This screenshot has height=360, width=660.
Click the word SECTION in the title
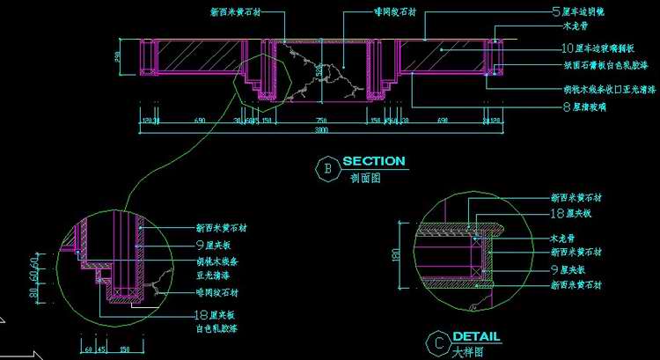pos(374,162)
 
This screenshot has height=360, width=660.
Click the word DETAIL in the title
pos(476,336)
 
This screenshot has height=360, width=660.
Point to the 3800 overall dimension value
pos(322,130)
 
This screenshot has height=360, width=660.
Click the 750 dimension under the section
pos(321,120)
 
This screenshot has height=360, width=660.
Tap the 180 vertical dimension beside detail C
pos(395,254)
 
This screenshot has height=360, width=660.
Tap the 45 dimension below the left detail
pos(102,349)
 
